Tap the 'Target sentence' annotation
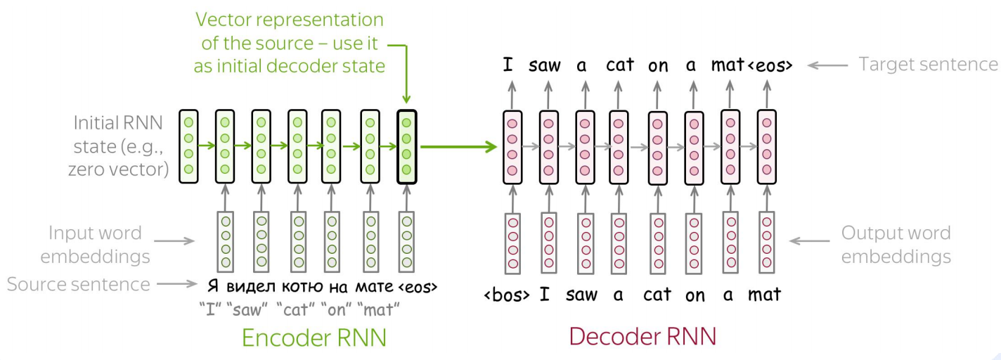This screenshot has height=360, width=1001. (x=928, y=65)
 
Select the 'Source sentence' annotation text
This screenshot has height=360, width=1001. (x=78, y=284)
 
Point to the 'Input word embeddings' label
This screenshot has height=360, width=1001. (x=95, y=244)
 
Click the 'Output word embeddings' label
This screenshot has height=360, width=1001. (x=896, y=244)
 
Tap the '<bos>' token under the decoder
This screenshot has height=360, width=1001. (x=507, y=295)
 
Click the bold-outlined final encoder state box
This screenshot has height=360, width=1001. (x=406, y=146)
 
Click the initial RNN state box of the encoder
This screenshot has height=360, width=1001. (x=188, y=146)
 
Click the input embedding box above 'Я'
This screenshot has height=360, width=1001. (x=224, y=242)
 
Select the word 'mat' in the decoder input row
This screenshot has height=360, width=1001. (x=764, y=295)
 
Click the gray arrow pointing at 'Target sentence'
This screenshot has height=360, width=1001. (x=827, y=65)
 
